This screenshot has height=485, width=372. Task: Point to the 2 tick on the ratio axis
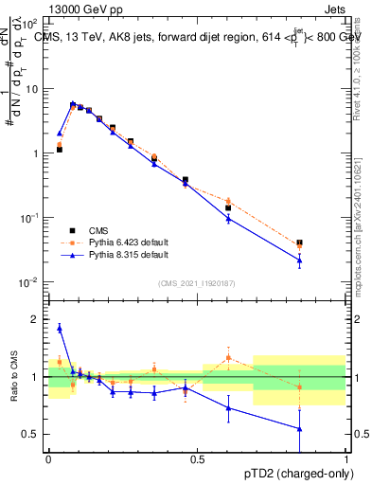tap(37, 319)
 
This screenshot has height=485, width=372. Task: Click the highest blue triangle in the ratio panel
tap(60, 329)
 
